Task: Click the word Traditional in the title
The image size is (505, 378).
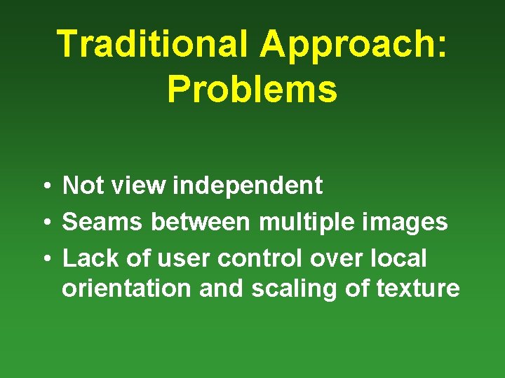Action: [151, 45]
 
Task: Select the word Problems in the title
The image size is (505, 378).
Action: [252, 90]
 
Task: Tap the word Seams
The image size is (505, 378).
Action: [103, 223]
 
